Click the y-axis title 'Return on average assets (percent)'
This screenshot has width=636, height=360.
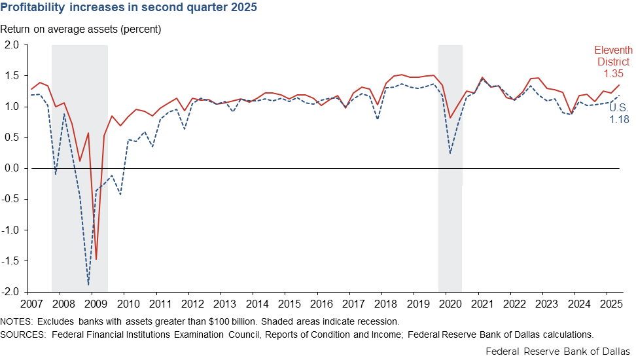(80, 29)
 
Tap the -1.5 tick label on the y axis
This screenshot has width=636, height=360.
(12, 261)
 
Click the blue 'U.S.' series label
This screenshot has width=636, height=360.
(619, 107)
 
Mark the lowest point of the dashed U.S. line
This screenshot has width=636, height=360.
(88, 285)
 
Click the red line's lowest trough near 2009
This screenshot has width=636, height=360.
(96, 259)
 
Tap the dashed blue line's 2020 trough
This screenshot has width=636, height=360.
(451, 153)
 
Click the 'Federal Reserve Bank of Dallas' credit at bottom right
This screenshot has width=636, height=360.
(558, 351)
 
